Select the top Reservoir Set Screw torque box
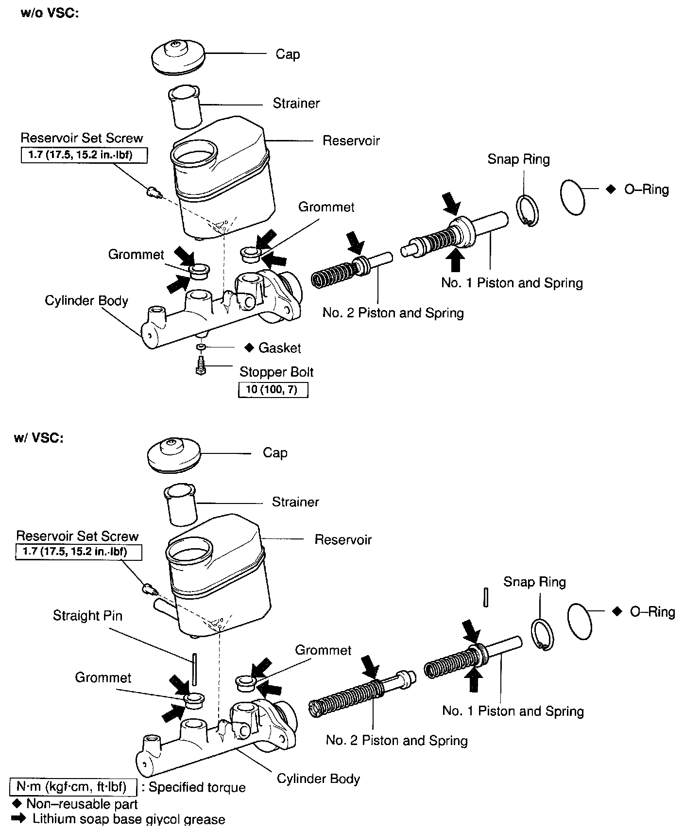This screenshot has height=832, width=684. [84, 155]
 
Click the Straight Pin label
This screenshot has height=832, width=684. [87, 615]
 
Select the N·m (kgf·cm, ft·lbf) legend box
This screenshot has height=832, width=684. [71, 786]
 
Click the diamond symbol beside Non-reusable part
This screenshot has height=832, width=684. [19, 803]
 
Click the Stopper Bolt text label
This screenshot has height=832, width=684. [276, 372]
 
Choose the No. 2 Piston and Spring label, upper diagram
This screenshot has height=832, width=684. [393, 312]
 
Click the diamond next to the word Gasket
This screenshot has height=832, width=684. [249, 347]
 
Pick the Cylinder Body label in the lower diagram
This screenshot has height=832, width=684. [318, 779]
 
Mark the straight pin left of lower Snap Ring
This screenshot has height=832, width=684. [485, 597]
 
